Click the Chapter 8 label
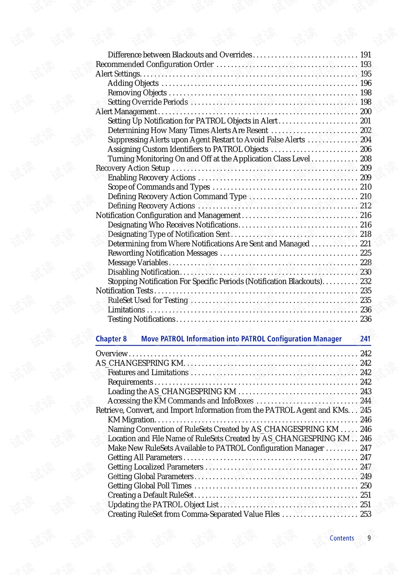click(111, 339)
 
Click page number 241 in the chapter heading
click(365, 339)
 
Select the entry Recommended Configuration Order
click(155, 64)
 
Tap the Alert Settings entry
click(118, 74)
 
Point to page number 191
click(365, 55)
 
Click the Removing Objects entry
click(137, 93)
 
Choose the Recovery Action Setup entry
click(133, 168)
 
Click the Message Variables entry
click(138, 263)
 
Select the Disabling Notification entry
click(144, 272)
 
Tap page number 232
click(365, 281)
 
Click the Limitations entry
click(126, 310)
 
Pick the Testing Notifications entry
click(142, 319)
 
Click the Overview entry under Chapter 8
click(112, 354)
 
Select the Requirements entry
click(130, 382)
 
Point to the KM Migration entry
click(131, 420)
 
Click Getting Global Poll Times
click(150, 486)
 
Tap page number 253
click(365, 514)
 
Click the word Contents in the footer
click(342, 538)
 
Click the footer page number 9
click(369, 538)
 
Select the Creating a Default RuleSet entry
click(151, 495)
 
